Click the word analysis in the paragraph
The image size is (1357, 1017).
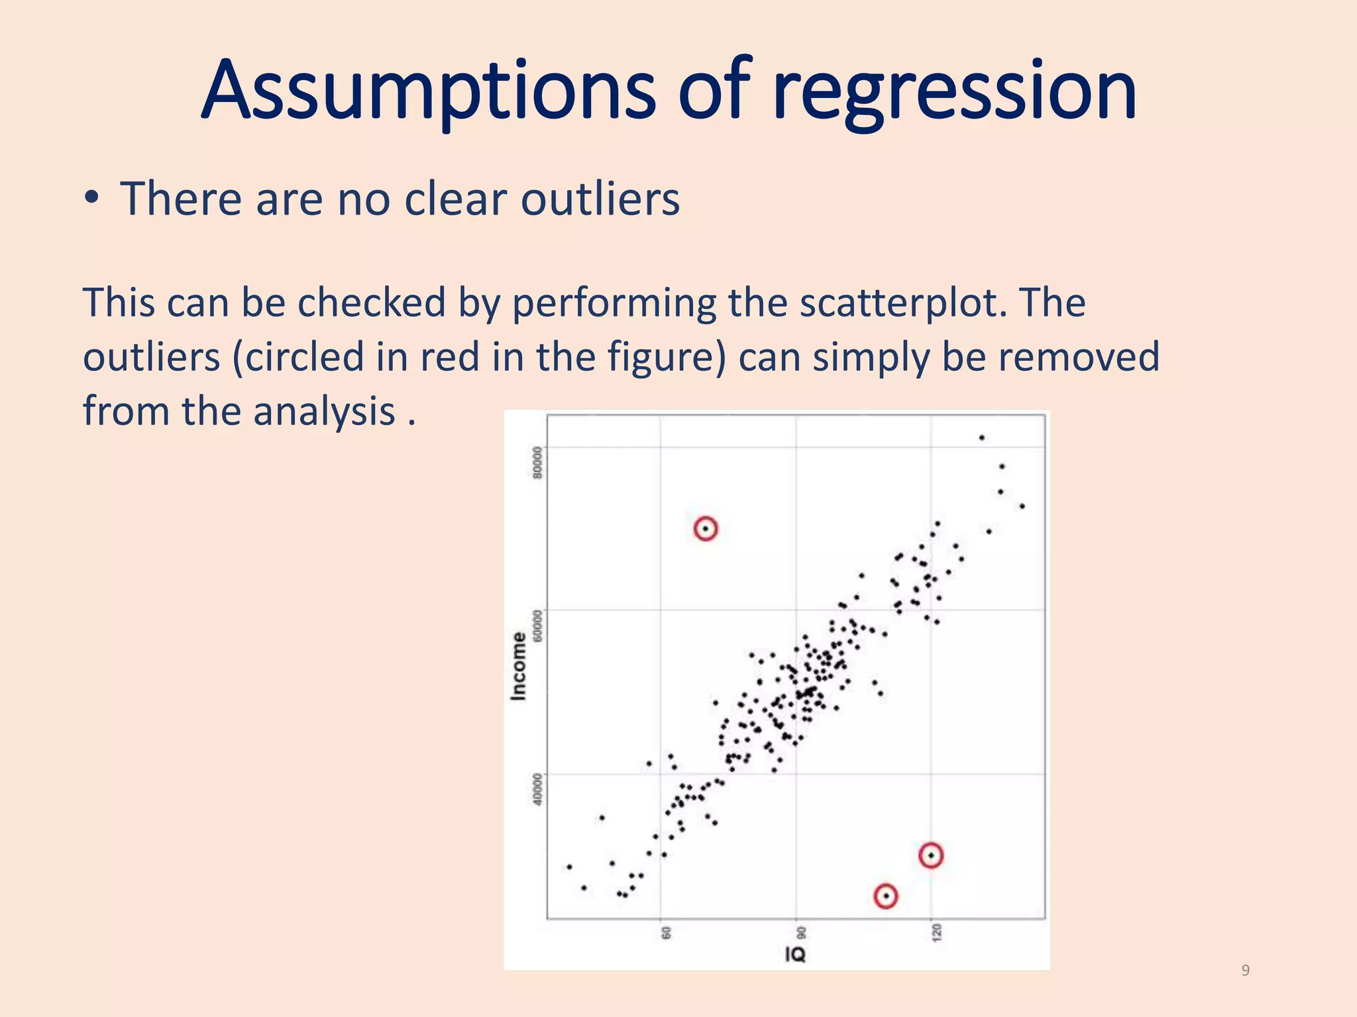pyautogui.click(x=324, y=411)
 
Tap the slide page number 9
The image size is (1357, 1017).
pyautogui.click(x=1245, y=971)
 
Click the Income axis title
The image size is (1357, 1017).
pyautogui.click(x=519, y=665)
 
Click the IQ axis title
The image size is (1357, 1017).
pyautogui.click(x=795, y=954)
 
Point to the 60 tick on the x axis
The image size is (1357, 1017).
pyautogui.click(x=667, y=933)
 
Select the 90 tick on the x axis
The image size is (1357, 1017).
pyautogui.click(x=802, y=933)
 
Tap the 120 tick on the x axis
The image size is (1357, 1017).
pyautogui.click(x=936, y=933)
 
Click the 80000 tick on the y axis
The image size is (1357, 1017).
pyautogui.click(x=537, y=461)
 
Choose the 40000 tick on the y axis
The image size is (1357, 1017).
pyautogui.click(x=537, y=789)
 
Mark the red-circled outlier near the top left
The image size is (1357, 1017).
pyautogui.click(x=706, y=528)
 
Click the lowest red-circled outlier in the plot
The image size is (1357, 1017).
pyautogui.click(x=886, y=896)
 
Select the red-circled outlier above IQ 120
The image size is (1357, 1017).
pyautogui.click(x=931, y=855)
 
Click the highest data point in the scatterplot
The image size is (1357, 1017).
pyautogui.click(x=982, y=438)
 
